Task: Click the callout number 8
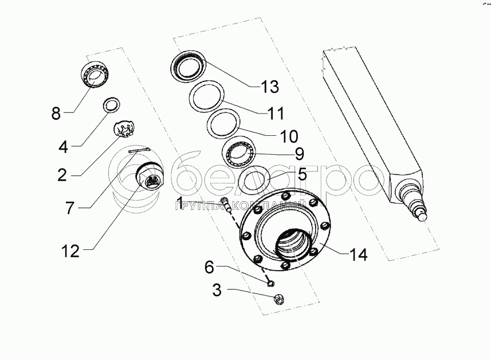tap(56, 112)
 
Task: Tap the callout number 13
tap(269, 87)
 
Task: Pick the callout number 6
tap(210, 267)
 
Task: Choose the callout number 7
tap(69, 208)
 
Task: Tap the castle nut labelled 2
tap(124, 130)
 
